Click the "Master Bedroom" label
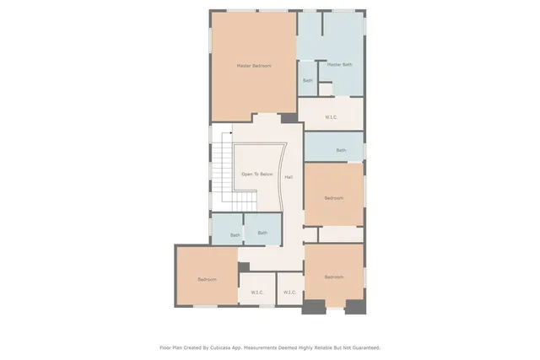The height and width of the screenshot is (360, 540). point(253,65)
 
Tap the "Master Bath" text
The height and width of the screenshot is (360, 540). point(339,64)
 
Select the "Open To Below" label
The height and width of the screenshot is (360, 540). point(257,174)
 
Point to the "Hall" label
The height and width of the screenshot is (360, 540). point(289,177)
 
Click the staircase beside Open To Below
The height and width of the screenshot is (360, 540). point(222,173)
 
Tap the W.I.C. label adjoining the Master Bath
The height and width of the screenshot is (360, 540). point(332,117)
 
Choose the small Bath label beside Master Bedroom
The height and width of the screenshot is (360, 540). point(308,81)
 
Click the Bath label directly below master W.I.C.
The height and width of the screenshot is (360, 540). point(341,150)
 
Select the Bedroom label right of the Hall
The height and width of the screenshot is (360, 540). point(334,198)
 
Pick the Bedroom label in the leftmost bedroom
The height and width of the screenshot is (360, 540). point(208,279)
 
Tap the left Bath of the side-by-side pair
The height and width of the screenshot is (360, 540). point(235,234)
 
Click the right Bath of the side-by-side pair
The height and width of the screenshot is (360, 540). point(262,233)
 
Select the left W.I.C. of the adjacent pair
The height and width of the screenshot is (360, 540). point(256,293)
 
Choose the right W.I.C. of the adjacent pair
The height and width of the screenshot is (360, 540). point(289,293)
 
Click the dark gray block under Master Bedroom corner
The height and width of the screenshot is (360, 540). point(289,119)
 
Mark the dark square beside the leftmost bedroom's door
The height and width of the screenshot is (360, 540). point(244,267)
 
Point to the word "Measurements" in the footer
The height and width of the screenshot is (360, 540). point(273,347)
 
